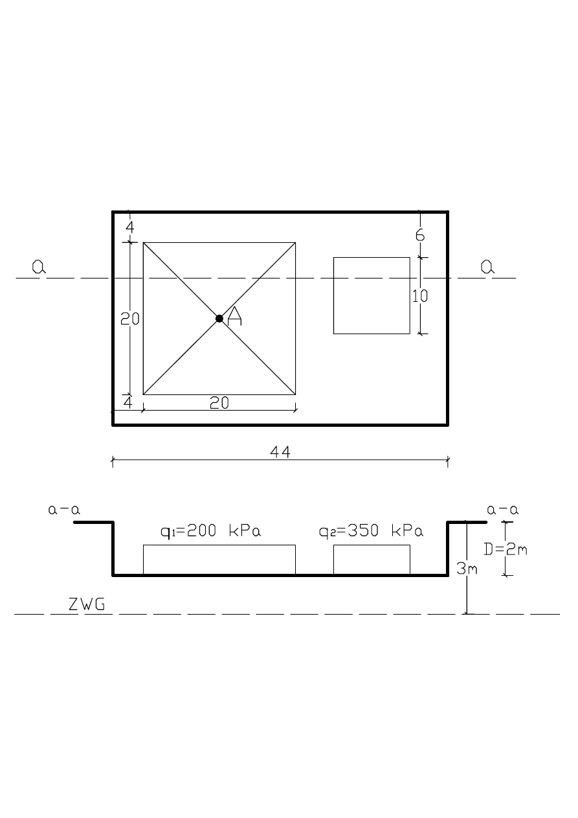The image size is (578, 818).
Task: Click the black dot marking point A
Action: [219, 318]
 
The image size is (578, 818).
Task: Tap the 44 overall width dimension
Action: [280, 452]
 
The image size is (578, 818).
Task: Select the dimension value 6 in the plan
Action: [420, 235]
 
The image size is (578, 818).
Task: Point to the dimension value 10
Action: [420, 296]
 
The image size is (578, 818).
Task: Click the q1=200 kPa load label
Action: [215, 532]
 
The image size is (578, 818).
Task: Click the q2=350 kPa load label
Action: [371, 532]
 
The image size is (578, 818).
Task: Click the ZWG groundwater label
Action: [87, 606]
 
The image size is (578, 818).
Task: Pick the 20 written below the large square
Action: [219, 403]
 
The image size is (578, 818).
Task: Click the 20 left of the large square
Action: [129, 319]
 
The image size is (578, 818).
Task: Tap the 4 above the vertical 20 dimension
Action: [129, 227]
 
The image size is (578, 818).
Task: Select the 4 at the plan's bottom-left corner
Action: [128, 402]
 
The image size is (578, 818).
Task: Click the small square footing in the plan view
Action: [372, 295]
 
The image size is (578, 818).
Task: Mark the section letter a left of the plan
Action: [39, 267]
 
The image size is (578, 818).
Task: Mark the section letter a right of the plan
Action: [487, 267]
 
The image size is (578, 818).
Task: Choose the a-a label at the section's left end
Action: [64, 510]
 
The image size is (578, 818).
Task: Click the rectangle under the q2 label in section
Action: [372, 560]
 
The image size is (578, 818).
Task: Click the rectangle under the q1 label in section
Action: [219, 560]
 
